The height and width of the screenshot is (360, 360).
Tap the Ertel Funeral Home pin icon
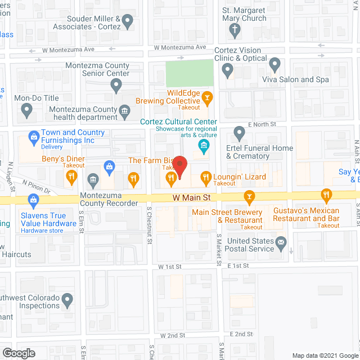point(240,134)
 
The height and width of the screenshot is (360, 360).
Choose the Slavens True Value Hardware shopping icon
point(33,199)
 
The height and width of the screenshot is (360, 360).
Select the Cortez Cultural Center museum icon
point(204,147)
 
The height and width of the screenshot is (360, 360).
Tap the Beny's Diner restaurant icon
point(71,177)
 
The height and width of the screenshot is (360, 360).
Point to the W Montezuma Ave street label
point(69,50)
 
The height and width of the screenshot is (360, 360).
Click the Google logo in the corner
point(19,353)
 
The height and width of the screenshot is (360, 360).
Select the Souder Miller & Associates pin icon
point(128,22)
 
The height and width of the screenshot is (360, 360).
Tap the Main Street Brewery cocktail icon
point(248,196)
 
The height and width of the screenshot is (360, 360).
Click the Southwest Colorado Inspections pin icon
point(67,301)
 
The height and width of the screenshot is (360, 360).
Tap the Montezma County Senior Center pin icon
point(116,85)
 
